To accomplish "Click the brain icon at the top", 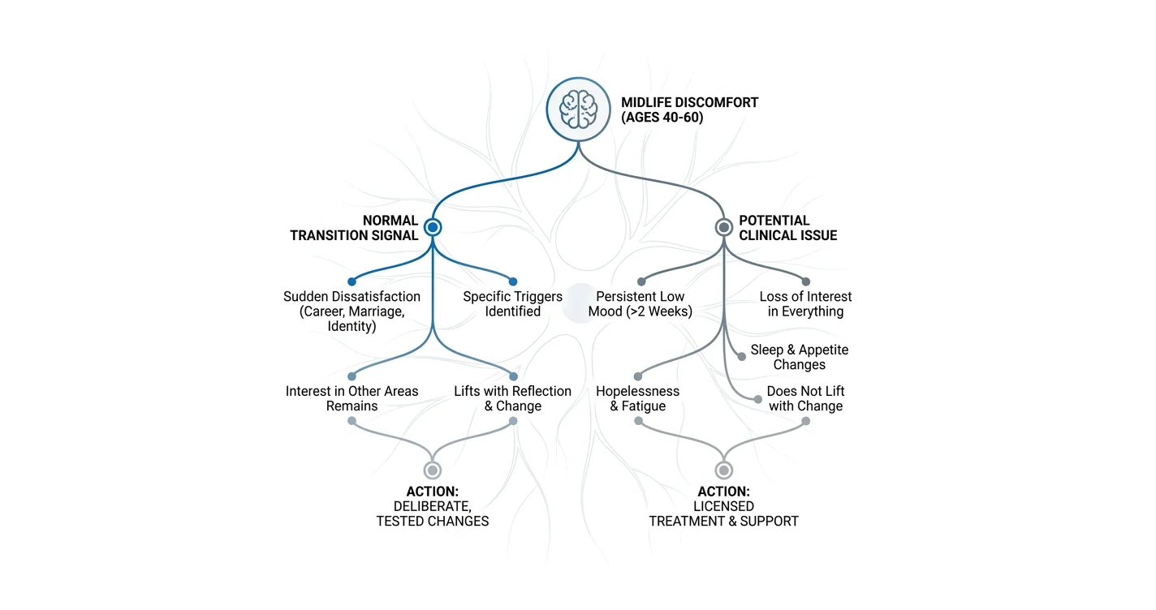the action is coord(579,110).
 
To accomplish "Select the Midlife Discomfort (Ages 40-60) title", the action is coord(689,110).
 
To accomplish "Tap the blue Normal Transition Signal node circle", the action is coord(433,227).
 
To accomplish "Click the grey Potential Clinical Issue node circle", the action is coord(723,227).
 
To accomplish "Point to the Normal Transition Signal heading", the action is coord(354,228).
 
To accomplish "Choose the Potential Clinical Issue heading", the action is coord(788,228).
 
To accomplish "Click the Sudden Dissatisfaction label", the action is coord(352,311).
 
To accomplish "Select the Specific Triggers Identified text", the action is coord(512,303).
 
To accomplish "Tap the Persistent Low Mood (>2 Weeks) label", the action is coord(641,303).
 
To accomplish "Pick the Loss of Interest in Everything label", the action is coord(805,303).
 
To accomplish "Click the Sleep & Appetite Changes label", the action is coord(800,357).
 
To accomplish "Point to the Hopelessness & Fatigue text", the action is coord(638,398).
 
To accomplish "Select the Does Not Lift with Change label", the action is coord(805,398).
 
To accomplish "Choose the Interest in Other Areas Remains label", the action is coord(352,398).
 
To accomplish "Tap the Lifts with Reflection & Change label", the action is coord(512,398).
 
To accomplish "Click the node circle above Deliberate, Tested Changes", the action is coord(433,470).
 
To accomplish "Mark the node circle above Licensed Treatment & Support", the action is coord(723,470).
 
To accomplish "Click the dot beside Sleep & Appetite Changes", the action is coord(742,357).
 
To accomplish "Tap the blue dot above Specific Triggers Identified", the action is coord(512,281).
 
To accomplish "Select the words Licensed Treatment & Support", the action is coord(723,513).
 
